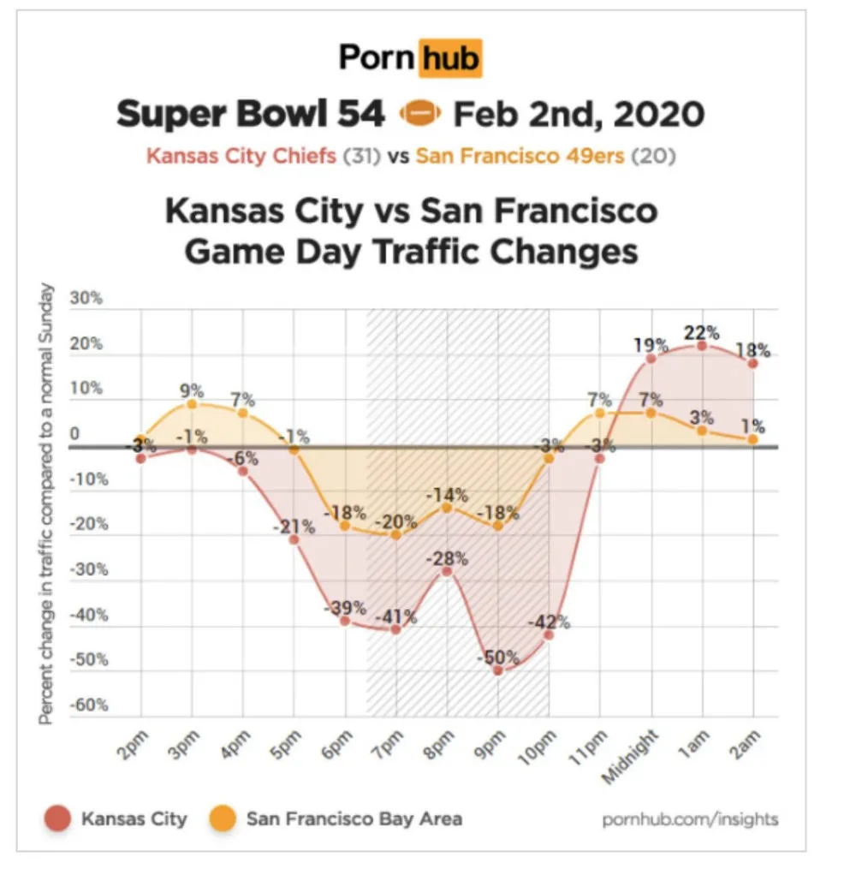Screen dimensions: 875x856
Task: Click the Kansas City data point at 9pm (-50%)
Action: click(x=497, y=670)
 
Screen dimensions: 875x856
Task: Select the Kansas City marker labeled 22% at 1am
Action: click(x=702, y=346)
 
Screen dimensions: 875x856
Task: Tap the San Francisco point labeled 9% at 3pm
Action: click(x=192, y=404)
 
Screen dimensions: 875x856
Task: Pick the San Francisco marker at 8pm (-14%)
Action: click(x=446, y=508)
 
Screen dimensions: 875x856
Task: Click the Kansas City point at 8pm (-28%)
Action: click(x=446, y=571)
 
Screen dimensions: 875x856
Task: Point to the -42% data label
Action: click(x=549, y=622)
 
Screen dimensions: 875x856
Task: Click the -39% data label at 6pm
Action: click(x=346, y=609)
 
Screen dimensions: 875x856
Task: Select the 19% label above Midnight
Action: click(x=651, y=346)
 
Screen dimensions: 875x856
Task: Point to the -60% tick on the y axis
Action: click(x=89, y=705)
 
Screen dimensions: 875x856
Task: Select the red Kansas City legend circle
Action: click(x=56, y=819)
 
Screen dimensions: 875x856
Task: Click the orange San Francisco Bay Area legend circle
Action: click(x=222, y=819)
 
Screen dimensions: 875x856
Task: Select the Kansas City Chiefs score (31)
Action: click(x=361, y=157)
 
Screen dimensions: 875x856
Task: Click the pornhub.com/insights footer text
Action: click(x=691, y=819)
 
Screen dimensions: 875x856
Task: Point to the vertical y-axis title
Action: click(x=47, y=505)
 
